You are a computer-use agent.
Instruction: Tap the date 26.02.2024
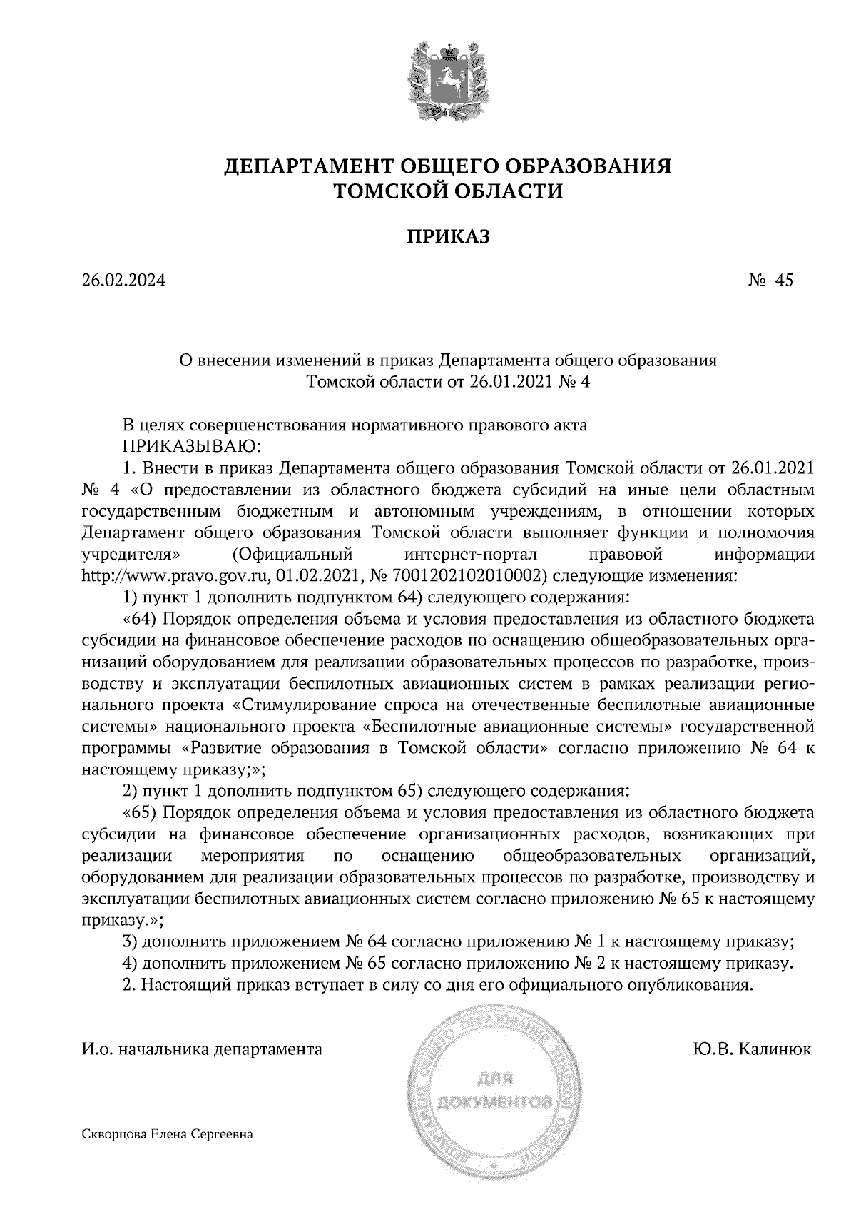pos(123,281)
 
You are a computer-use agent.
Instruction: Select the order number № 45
pos(770,281)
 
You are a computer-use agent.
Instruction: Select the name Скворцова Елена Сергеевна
pos(168,1133)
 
